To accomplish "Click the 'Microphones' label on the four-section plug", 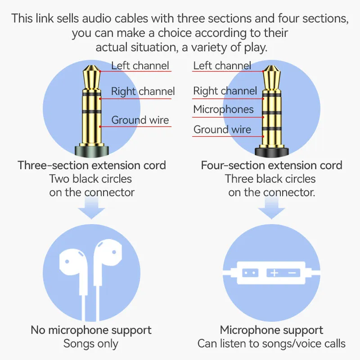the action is point(223,109).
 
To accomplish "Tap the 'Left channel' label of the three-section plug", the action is point(140,66).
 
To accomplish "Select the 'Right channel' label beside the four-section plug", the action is point(225,91).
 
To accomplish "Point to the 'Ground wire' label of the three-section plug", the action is point(140,120).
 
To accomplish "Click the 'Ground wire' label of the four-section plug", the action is point(222,130).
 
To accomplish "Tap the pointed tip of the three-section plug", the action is point(91,66).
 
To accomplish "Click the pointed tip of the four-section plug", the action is point(272,66).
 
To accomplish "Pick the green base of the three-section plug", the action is point(92,152).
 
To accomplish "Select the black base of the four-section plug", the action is point(272,152).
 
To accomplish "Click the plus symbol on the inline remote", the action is point(274,273).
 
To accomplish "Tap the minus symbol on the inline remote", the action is point(292,273).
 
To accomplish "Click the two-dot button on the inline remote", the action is point(250,273).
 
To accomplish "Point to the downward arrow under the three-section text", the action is point(91,208).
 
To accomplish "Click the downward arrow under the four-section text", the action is point(271,208).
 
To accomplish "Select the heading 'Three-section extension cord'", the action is point(92,165).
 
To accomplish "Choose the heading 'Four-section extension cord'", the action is point(272,165).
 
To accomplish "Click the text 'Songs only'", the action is point(91,344).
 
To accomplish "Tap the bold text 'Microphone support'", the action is point(271,330).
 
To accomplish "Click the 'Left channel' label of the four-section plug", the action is point(222,66).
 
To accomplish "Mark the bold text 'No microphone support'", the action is point(91,330).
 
